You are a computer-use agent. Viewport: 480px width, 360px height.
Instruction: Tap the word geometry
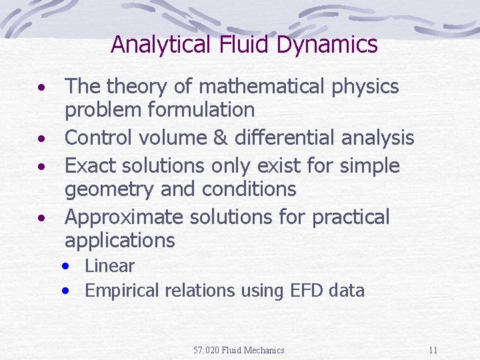106,189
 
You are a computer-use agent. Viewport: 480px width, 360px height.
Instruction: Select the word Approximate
124,217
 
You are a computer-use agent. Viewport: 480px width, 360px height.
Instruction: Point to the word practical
351,217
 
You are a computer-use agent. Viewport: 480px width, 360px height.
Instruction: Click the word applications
120,241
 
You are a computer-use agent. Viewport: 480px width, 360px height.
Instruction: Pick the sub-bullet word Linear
110,266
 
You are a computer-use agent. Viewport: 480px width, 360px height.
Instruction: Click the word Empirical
123,291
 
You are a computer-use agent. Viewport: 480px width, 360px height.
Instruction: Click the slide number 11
433,350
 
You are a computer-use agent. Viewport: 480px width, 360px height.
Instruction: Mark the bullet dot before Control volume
41,139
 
